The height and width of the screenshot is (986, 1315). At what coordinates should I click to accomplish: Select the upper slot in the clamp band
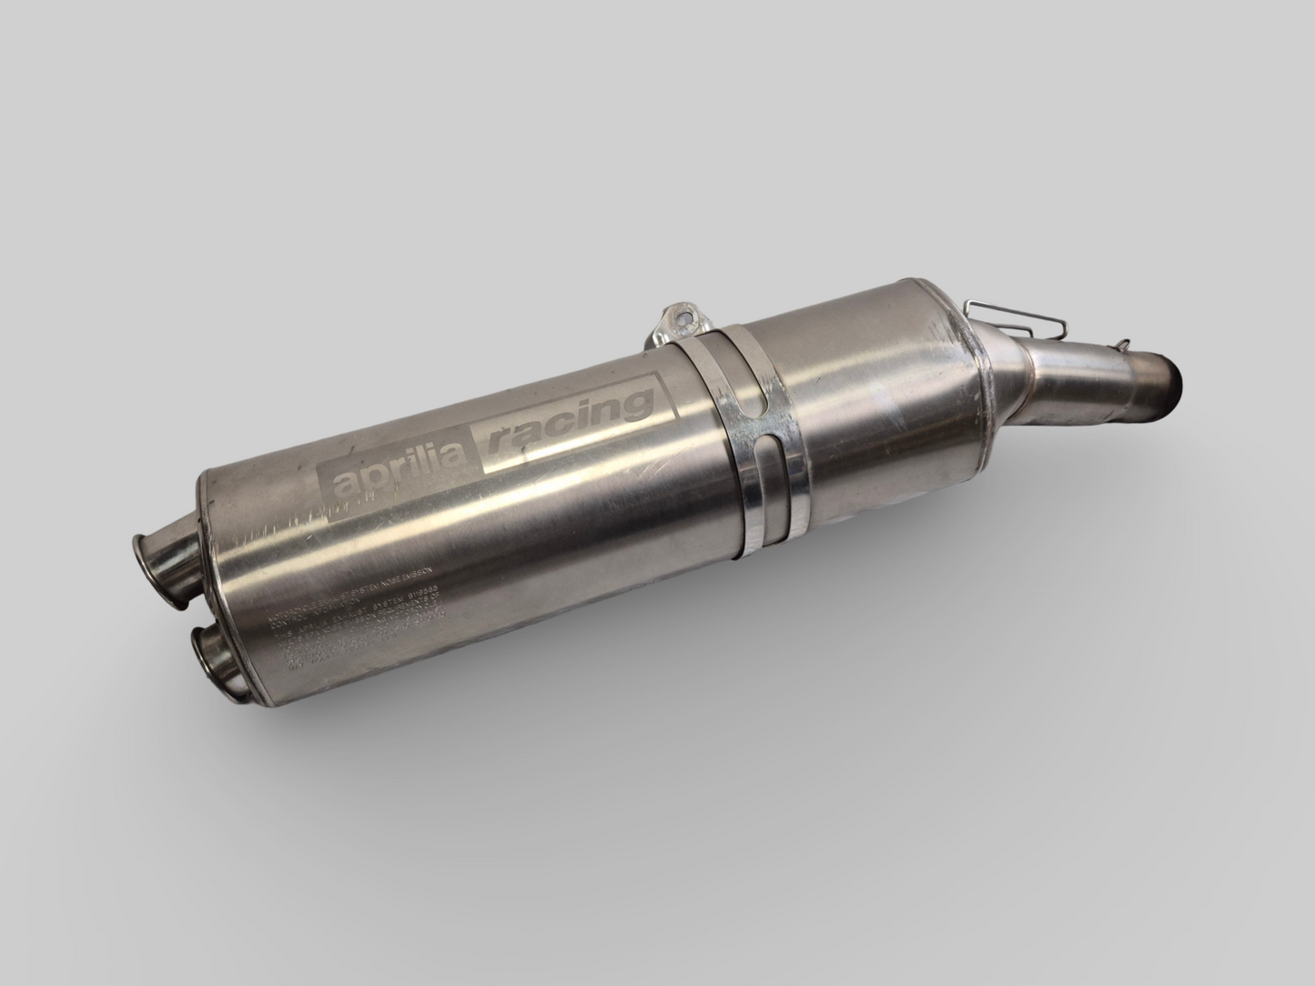(752, 395)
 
